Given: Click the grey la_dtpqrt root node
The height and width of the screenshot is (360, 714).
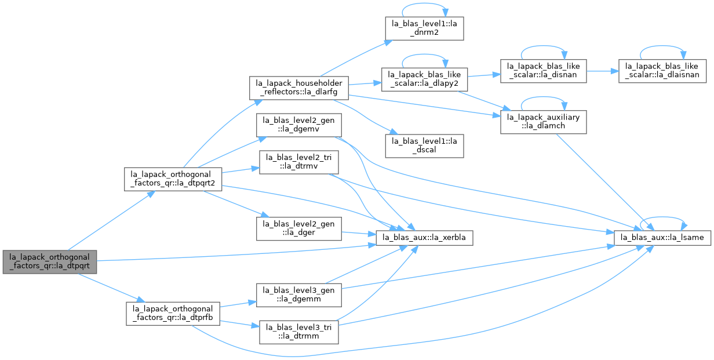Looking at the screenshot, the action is [x=50, y=262].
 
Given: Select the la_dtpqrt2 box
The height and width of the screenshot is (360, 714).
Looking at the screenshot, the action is [x=173, y=179].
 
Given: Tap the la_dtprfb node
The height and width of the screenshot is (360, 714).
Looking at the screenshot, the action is [x=173, y=314].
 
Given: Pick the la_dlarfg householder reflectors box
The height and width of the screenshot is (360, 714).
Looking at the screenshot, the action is [x=298, y=88].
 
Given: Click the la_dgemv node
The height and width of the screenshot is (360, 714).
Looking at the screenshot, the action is [x=298, y=125].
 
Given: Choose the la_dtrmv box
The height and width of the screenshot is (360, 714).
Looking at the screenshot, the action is [x=298, y=162].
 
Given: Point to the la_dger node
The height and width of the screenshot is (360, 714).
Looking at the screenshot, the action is [x=298, y=228].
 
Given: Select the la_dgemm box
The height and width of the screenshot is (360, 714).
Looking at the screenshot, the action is [x=298, y=295].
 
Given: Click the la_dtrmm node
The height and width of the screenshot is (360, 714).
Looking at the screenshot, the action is [x=298, y=332].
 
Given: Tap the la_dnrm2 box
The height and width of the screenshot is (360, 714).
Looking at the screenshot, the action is [x=424, y=29].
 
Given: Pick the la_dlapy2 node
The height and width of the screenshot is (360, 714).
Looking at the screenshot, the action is [x=424, y=79].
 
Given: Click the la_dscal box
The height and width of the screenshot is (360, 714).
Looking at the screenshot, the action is [x=424, y=146].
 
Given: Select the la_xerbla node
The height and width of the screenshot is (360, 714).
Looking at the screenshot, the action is [x=424, y=238].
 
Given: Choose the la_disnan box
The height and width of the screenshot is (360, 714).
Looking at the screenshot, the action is [x=543, y=71].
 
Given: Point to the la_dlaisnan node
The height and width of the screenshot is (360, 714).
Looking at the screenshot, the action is [x=662, y=71].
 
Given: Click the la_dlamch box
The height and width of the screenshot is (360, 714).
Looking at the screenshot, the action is [x=543, y=122].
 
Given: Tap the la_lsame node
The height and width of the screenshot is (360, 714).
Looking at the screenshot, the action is [x=662, y=238].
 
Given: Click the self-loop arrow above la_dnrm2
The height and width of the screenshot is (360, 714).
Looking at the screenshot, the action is [x=424, y=3].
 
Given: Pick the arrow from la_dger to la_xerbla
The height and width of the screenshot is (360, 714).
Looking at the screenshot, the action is [x=359, y=234].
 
